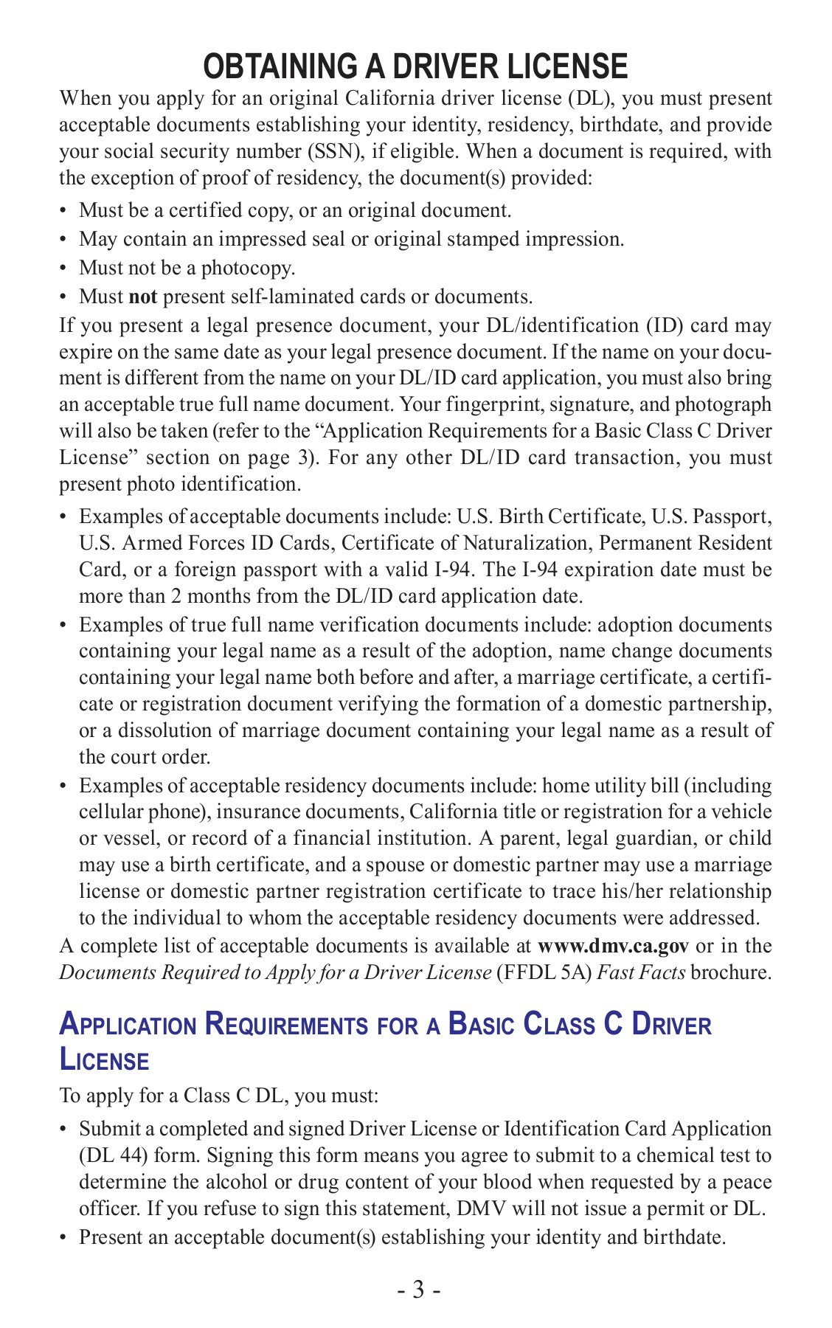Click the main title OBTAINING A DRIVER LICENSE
pyautogui.click(x=415, y=66)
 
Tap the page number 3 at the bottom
pyautogui.click(x=418, y=1290)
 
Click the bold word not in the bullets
pyautogui.click(x=143, y=297)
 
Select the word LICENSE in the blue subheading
pyautogui.click(x=104, y=1061)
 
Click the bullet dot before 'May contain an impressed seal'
pyautogui.click(x=63, y=240)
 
